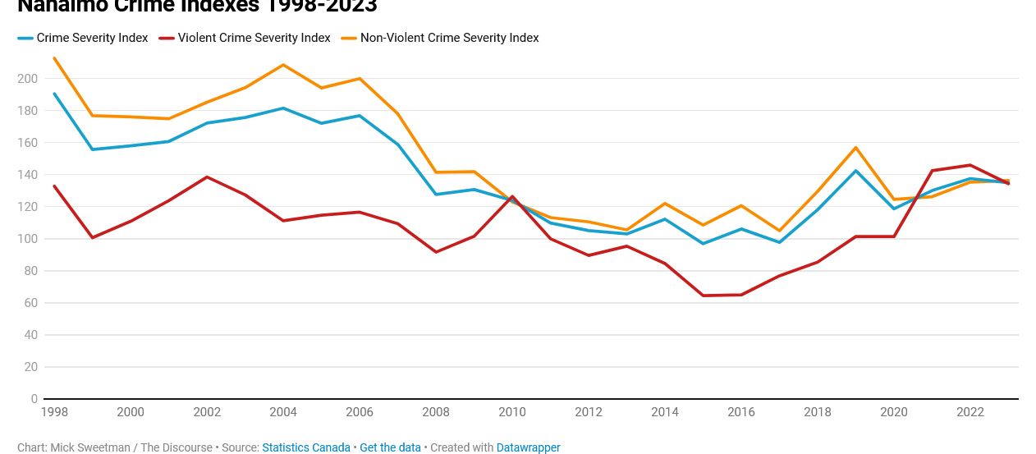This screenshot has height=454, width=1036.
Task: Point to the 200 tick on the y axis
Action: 27,79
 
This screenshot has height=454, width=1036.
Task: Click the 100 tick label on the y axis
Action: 27,239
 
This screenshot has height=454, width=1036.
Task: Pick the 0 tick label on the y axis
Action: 34,399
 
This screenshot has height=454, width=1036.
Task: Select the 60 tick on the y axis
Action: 30,303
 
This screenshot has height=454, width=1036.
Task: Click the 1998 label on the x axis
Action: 55,412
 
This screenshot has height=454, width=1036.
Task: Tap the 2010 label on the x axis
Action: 512,412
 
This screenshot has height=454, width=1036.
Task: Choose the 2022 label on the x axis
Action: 970,412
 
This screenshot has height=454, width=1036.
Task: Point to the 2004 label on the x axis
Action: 283,412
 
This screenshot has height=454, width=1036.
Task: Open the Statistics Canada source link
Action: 305,447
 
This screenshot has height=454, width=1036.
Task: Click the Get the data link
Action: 390,447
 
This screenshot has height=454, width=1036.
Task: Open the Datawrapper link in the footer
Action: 528,447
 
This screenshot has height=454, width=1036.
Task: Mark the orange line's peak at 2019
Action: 856,148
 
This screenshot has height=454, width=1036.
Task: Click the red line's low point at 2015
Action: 704,296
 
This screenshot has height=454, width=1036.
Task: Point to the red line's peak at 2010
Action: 512,196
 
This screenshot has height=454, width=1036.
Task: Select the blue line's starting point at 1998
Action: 54,94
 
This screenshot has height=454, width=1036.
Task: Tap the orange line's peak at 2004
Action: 283,65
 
